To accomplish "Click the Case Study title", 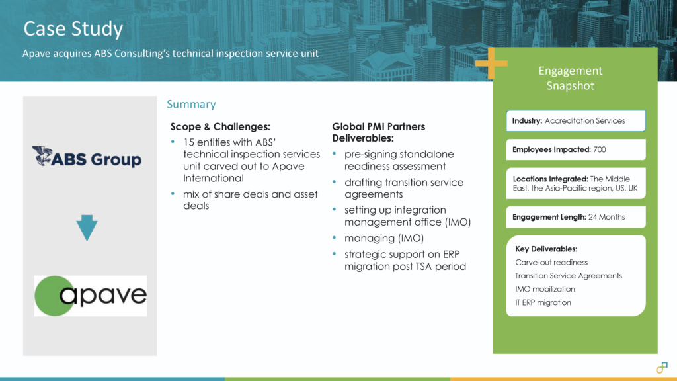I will (x=73, y=29).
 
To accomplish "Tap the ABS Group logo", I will (x=87, y=157).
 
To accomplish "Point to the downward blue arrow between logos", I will (x=87, y=229).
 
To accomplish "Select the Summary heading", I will (x=191, y=105).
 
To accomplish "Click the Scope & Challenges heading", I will (x=220, y=126).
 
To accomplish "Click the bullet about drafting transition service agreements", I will (x=403, y=188).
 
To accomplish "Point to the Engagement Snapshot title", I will (x=570, y=78).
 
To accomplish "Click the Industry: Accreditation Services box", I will (x=576, y=121).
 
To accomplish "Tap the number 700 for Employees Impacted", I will (x=599, y=149).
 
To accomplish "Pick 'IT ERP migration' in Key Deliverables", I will (x=543, y=302).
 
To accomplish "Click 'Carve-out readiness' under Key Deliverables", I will (x=551, y=262).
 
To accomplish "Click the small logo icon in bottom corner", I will (x=660, y=368).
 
